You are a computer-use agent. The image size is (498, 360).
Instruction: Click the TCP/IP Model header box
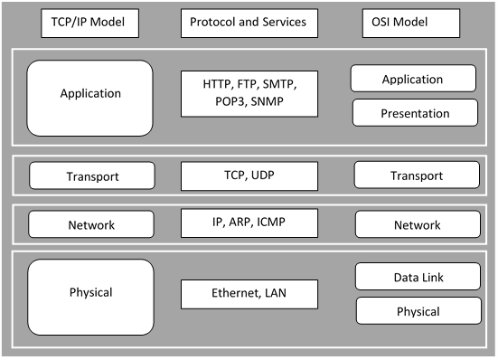point(89,23)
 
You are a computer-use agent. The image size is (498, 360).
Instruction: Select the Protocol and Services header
point(249,23)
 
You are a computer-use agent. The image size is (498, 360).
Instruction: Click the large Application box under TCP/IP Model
point(89,93)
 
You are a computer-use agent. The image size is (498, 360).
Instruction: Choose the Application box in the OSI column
point(412,80)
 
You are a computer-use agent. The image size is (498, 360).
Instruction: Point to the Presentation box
point(415,113)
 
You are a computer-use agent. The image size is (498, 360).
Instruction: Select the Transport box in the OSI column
point(418,175)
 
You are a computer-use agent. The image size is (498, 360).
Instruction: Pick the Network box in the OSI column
point(418,224)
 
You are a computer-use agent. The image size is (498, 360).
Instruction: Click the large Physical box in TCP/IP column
point(90,292)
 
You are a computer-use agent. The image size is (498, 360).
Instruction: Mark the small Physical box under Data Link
point(418,311)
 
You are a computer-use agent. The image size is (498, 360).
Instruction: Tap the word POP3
point(227,101)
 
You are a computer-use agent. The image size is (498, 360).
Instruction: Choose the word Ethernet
point(232,292)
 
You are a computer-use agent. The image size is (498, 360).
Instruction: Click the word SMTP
point(277,84)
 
